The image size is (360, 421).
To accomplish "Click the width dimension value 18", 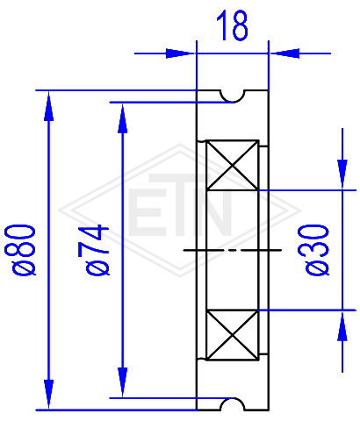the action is tap(232, 25).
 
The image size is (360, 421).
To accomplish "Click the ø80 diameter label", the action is tap(20, 250).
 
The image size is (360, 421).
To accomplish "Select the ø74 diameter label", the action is tap(94, 250).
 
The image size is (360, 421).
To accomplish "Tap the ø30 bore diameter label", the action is tap(313, 250).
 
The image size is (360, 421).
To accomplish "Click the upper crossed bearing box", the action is tap(233, 166).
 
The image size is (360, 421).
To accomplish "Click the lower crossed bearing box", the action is tap(233, 335).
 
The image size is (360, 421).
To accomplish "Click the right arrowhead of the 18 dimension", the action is tap(284, 54).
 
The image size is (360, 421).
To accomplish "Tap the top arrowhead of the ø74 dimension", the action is tap(123, 118).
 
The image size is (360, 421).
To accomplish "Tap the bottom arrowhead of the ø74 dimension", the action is tap(123, 382).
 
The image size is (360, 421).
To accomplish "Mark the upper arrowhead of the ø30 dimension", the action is tap(342, 175).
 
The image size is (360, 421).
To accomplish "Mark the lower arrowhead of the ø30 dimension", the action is tap(342, 325).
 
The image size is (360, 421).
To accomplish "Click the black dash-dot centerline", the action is tap(233, 250).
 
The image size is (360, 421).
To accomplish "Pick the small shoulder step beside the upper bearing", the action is tap(263, 146).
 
